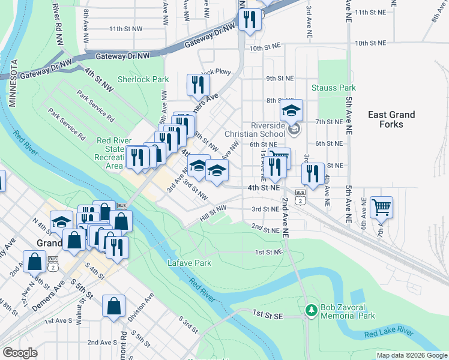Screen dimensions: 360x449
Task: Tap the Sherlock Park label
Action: (143, 79)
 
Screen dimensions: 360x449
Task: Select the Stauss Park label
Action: (333, 88)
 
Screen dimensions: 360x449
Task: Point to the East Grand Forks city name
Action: (391, 119)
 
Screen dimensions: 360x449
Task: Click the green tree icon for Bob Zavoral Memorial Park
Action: (311, 310)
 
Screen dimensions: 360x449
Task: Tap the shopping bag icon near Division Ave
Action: (113, 306)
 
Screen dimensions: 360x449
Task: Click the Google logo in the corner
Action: (20, 353)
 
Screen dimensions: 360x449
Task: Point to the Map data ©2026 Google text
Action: (411, 355)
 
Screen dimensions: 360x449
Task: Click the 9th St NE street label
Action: (280, 78)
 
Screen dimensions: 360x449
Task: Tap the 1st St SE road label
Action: (267, 314)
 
